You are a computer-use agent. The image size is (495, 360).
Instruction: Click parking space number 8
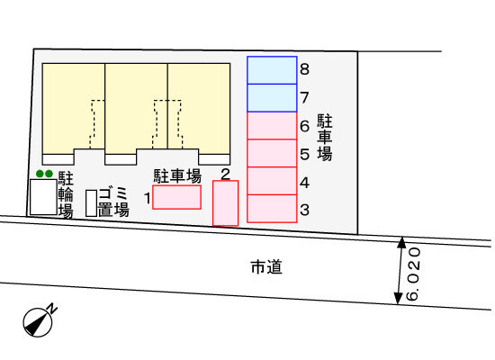tap(272, 70)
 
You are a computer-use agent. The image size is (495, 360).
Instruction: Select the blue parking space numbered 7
tap(272, 98)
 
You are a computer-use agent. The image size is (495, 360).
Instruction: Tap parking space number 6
tap(272, 126)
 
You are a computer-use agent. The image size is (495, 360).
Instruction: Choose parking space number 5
tap(272, 153)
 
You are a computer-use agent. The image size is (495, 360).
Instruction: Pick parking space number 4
tap(272, 181)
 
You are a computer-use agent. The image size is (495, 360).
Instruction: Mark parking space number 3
tap(272, 209)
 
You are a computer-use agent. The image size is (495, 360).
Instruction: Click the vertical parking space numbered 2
tap(225, 203)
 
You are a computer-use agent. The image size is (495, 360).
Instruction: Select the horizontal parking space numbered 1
tap(176, 197)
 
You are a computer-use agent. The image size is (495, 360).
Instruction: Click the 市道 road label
tap(266, 267)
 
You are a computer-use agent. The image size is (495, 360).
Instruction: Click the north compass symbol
tap(38, 322)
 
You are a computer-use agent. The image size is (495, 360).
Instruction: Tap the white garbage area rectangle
tap(91, 203)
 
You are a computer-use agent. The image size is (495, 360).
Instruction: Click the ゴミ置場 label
tap(113, 202)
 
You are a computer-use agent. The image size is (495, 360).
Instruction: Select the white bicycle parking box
tap(43, 197)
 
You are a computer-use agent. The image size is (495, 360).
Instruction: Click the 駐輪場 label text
tap(66, 195)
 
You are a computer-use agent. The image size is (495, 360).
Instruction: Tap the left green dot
tap(40, 174)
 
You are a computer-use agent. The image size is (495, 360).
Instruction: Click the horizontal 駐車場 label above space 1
tap(177, 176)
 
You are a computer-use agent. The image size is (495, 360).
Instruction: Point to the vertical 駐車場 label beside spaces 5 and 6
tap(325, 138)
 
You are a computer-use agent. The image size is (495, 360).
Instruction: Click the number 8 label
tap(304, 69)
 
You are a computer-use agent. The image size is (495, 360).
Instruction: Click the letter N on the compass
tap(52, 308)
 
